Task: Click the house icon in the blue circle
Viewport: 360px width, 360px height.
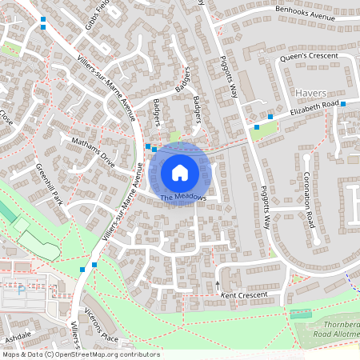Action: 180,172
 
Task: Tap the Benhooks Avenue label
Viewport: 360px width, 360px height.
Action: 303,12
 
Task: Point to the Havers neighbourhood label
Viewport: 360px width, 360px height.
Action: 311,93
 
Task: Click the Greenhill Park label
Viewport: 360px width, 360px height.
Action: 50,185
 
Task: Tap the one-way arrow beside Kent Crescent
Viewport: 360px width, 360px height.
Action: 217,284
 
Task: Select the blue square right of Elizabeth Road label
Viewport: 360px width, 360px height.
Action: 342,104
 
